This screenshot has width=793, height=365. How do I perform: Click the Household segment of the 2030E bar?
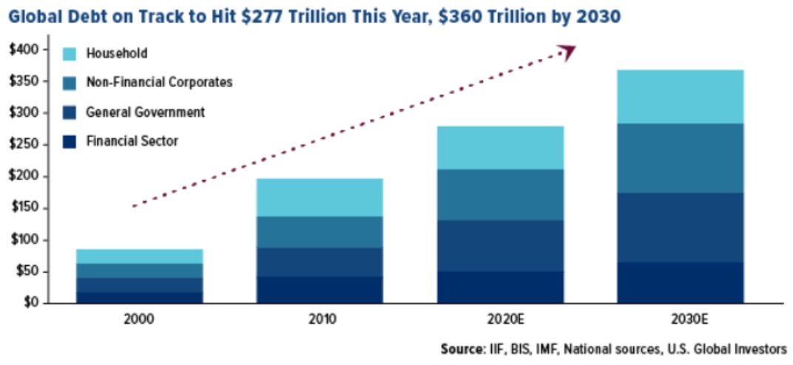click(x=680, y=96)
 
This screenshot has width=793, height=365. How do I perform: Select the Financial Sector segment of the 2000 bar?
click(x=139, y=297)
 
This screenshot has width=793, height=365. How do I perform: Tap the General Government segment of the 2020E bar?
click(x=500, y=245)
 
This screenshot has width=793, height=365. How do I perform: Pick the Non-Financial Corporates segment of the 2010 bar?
click(x=320, y=232)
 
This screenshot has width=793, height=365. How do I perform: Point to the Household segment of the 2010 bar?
click(x=320, y=197)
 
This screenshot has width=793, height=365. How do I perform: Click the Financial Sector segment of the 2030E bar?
click(x=680, y=282)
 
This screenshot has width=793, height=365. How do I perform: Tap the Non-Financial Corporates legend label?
click(x=159, y=82)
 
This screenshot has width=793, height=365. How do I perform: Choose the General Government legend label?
click(x=145, y=112)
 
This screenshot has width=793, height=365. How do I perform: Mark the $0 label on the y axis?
click(x=30, y=303)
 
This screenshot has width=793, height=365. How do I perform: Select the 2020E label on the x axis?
click(x=500, y=320)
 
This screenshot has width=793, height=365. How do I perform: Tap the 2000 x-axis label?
click(x=139, y=320)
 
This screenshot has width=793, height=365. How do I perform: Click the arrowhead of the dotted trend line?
click(x=567, y=52)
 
